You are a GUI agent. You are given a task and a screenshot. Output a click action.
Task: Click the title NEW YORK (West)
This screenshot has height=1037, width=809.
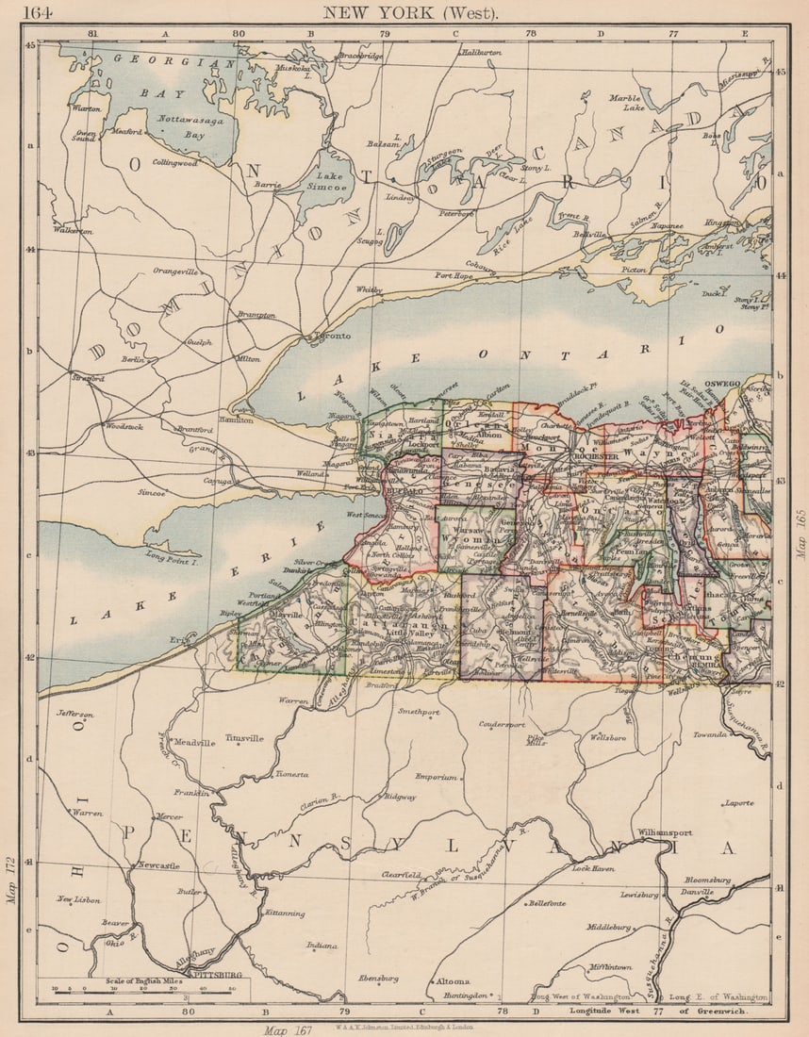411,12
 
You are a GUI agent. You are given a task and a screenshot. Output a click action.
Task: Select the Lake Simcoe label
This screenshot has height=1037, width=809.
331,182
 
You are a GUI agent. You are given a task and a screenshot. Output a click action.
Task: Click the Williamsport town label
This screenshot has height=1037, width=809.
664,833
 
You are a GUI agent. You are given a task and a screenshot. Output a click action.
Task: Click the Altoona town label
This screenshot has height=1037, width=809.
452,981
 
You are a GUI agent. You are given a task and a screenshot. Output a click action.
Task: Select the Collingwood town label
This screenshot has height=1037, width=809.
174,163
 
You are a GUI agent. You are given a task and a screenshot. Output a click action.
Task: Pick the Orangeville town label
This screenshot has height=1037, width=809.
175,272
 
